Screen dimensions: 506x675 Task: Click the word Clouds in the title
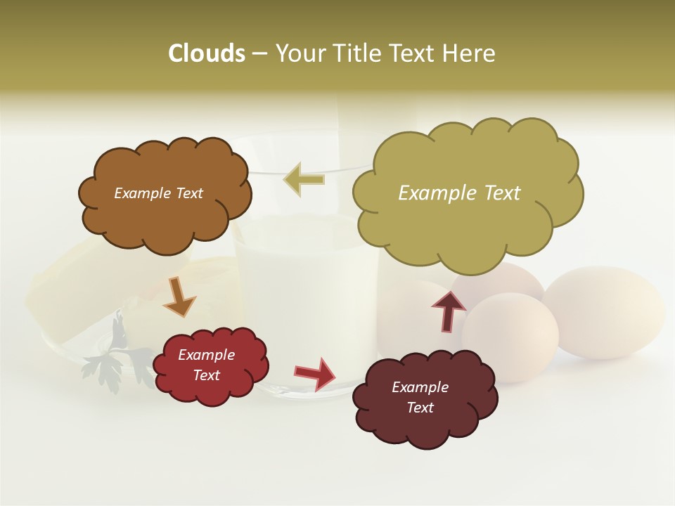click(207, 53)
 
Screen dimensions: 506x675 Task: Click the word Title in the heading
click(358, 53)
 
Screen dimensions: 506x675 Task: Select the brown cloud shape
click(165, 218)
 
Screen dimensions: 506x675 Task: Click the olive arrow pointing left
click(304, 179)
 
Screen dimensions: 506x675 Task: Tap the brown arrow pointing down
click(179, 297)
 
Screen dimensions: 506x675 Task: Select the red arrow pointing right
click(315, 372)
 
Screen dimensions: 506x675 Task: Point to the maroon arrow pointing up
click(448, 311)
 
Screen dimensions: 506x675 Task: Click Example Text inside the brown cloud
click(158, 193)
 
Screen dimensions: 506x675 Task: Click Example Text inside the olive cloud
click(459, 193)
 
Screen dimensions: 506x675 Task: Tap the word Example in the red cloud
click(206, 355)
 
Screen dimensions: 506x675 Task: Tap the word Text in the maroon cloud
click(420, 408)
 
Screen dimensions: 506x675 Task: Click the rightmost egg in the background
click(605, 309)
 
